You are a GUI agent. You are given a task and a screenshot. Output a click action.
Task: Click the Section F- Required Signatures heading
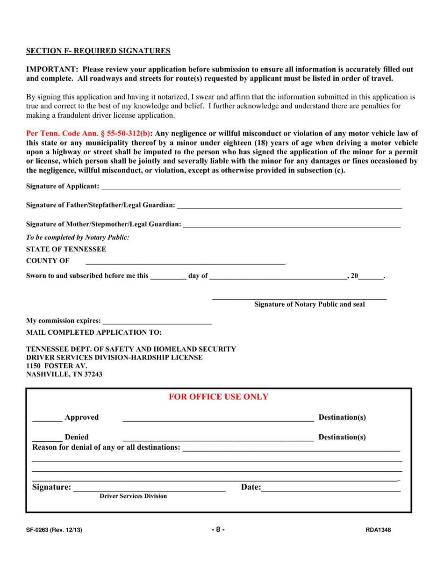point(98,50)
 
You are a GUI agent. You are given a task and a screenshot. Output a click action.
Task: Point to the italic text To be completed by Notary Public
point(78,237)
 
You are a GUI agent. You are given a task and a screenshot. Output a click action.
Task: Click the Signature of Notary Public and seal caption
point(309,305)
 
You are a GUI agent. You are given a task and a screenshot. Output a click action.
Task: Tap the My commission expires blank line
point(157,321)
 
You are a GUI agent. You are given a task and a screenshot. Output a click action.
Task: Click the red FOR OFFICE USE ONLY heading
point(218,397)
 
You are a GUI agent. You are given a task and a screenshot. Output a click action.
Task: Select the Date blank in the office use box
point(331,488)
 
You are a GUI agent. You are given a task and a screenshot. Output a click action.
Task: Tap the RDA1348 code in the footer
point(378,530)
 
